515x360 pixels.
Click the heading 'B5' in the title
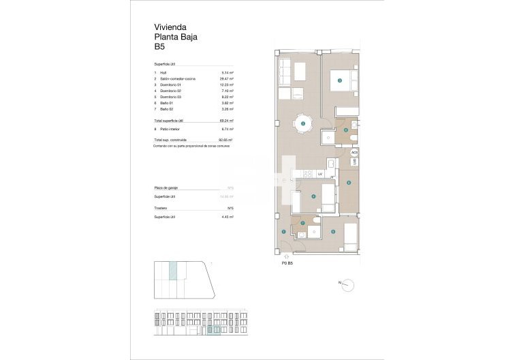(159, 48)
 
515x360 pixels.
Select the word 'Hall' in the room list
(163, 72)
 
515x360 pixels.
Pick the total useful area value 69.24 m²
(228, 120)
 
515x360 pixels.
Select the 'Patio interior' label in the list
(171, 129)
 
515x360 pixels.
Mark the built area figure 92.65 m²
(227, 140)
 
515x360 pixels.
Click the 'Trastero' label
(161, 208)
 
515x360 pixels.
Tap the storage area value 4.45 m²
(228, 217)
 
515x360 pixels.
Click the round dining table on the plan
(302, 123)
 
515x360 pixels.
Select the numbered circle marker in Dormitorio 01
(339, 80)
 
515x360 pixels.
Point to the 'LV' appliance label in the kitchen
(319, 175)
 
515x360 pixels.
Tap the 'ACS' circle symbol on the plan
(354, 153)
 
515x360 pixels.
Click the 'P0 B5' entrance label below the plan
(287, 262)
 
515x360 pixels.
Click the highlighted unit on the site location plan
(173, 270)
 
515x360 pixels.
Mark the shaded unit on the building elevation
(213, 331)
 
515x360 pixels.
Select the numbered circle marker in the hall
(284, 232)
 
